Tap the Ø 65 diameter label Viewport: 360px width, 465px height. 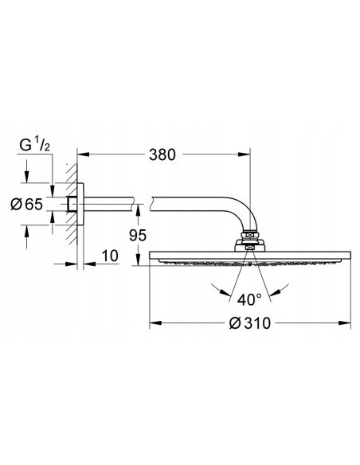coord(27,205)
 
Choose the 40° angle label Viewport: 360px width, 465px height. coord(248,299)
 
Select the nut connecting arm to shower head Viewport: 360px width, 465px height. coord(250,236)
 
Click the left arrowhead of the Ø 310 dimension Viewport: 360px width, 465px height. coord(154,323)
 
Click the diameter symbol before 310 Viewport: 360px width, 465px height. coord(234,323)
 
